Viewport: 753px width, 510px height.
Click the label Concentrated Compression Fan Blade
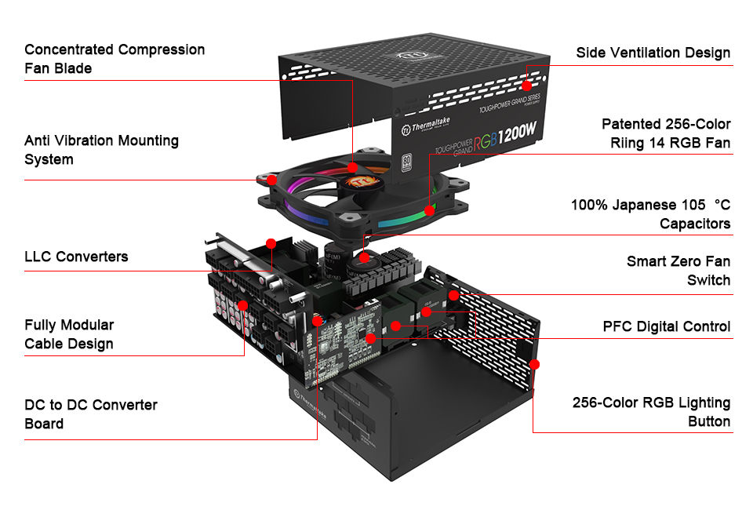click(x=115, y=59)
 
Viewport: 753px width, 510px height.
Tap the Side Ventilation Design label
click(x=653, y=53)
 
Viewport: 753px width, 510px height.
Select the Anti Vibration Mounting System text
click(x=101, y=150)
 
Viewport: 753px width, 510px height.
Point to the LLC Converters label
click(x=76, y=257)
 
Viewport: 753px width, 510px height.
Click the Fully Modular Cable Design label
click(x=69, y=334)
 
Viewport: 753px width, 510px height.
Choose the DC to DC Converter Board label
click(x=91, y=414)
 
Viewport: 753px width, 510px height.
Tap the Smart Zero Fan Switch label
click(x=678, y=271)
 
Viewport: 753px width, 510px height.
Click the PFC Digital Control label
click(x=666, y=326)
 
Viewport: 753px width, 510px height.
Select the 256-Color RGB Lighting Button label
click(x=651, y=412)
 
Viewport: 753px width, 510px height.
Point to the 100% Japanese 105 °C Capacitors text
click(x=650, y=214)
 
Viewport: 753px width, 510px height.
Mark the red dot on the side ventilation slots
click(x=528, y=84)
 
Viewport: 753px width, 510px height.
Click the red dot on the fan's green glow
click(x=429, y=210)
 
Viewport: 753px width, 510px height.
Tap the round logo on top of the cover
click(x=408, y=57)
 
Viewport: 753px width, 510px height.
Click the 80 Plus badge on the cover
click(x=407, y=163)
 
